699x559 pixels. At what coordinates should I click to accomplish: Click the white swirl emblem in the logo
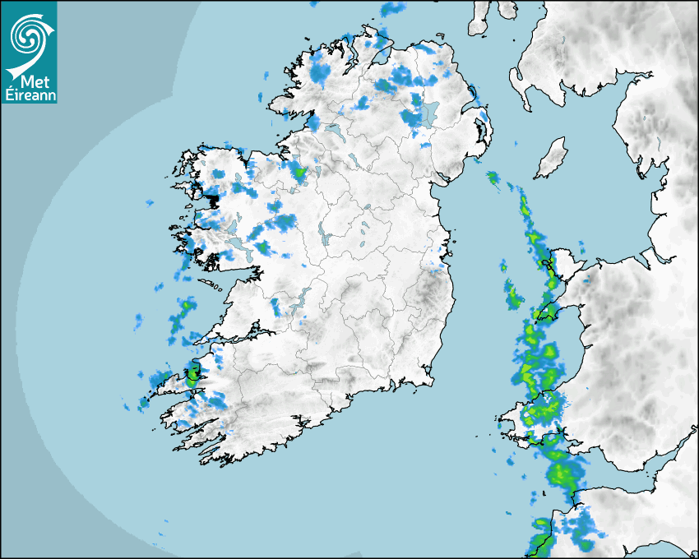click(x=29, y=35)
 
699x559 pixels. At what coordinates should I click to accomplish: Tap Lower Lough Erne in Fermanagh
click(x=335, y=129)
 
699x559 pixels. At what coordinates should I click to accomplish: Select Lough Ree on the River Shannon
click(x=323, y=238)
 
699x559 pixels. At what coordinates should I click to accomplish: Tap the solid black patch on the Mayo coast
click(x=213, y=200)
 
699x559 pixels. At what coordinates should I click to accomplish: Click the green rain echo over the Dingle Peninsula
click(x=192, y=378)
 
